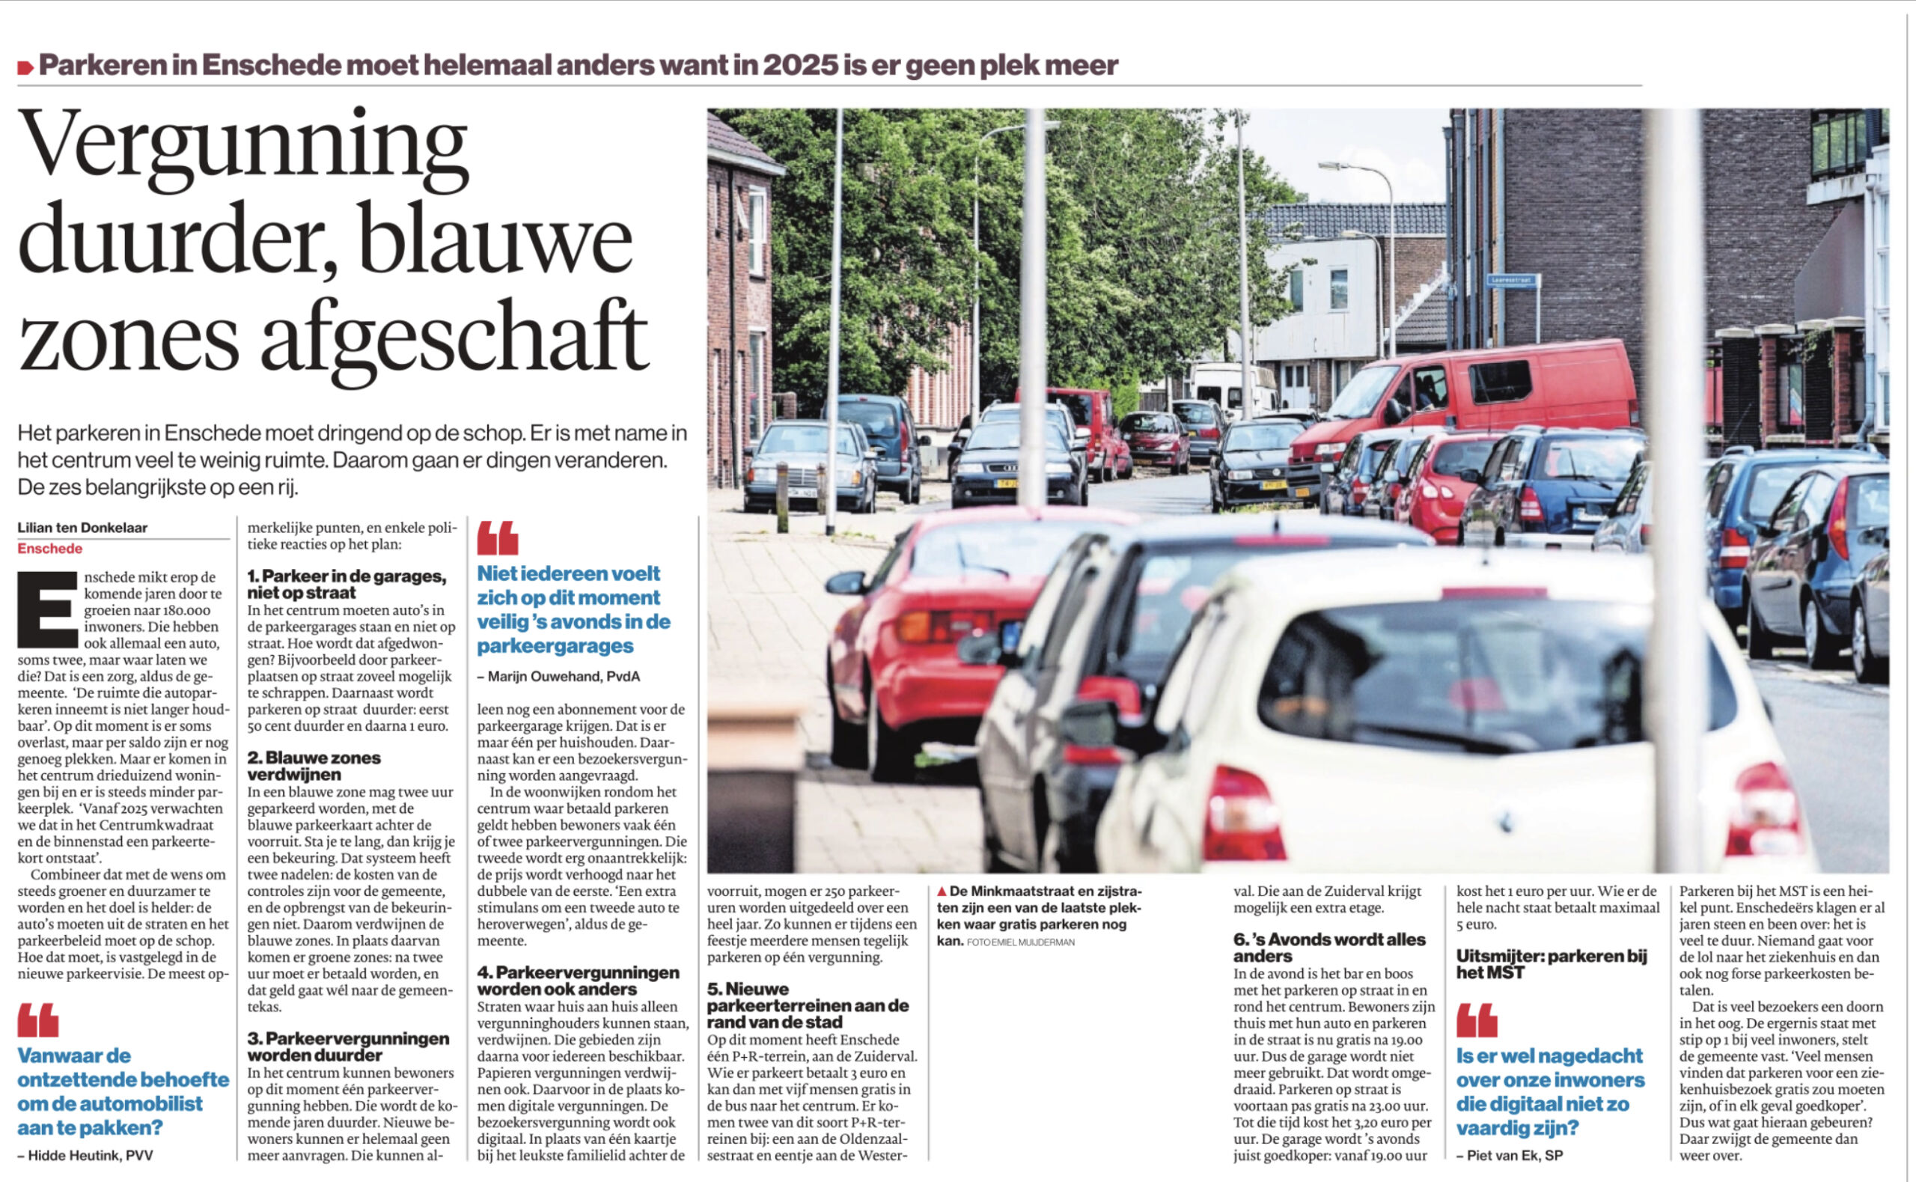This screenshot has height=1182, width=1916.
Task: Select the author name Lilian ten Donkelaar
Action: (83, 528)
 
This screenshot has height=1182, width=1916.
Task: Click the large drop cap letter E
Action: (48, 610)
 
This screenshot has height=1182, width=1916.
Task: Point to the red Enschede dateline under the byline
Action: (50, 549)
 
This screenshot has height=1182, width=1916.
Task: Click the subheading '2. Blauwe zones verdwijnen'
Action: (314, 766)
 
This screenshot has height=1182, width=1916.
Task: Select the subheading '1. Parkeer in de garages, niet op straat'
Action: (347, 584)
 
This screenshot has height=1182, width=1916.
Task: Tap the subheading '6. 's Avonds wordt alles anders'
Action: (1329, 948)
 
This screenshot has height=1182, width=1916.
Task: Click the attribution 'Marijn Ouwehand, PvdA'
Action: (564, 676)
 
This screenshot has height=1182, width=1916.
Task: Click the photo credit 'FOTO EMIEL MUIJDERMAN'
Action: (1021, 942)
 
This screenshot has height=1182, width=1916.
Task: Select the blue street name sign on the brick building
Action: (1511, 279)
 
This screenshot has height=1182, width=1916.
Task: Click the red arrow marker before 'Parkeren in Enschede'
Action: (25, 68)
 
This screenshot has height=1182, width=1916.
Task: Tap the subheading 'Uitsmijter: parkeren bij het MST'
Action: (1551, 964)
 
